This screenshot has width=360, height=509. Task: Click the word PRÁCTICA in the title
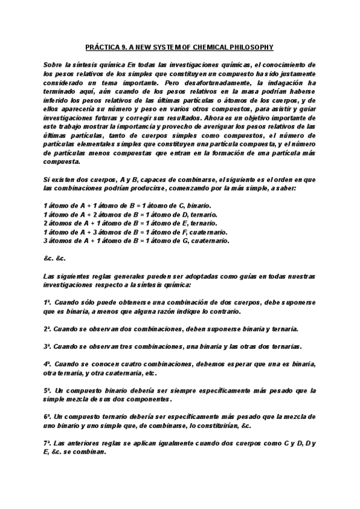(x=100, y=47)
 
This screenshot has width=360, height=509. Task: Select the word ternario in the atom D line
(x=203, y=214)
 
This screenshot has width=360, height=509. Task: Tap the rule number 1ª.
(x=47, y=303)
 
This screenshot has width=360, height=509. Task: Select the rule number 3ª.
(x=47, y=346)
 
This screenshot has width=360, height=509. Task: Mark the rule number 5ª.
(x=47, y=391)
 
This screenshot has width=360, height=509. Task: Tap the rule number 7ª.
(x=47, y=444)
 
